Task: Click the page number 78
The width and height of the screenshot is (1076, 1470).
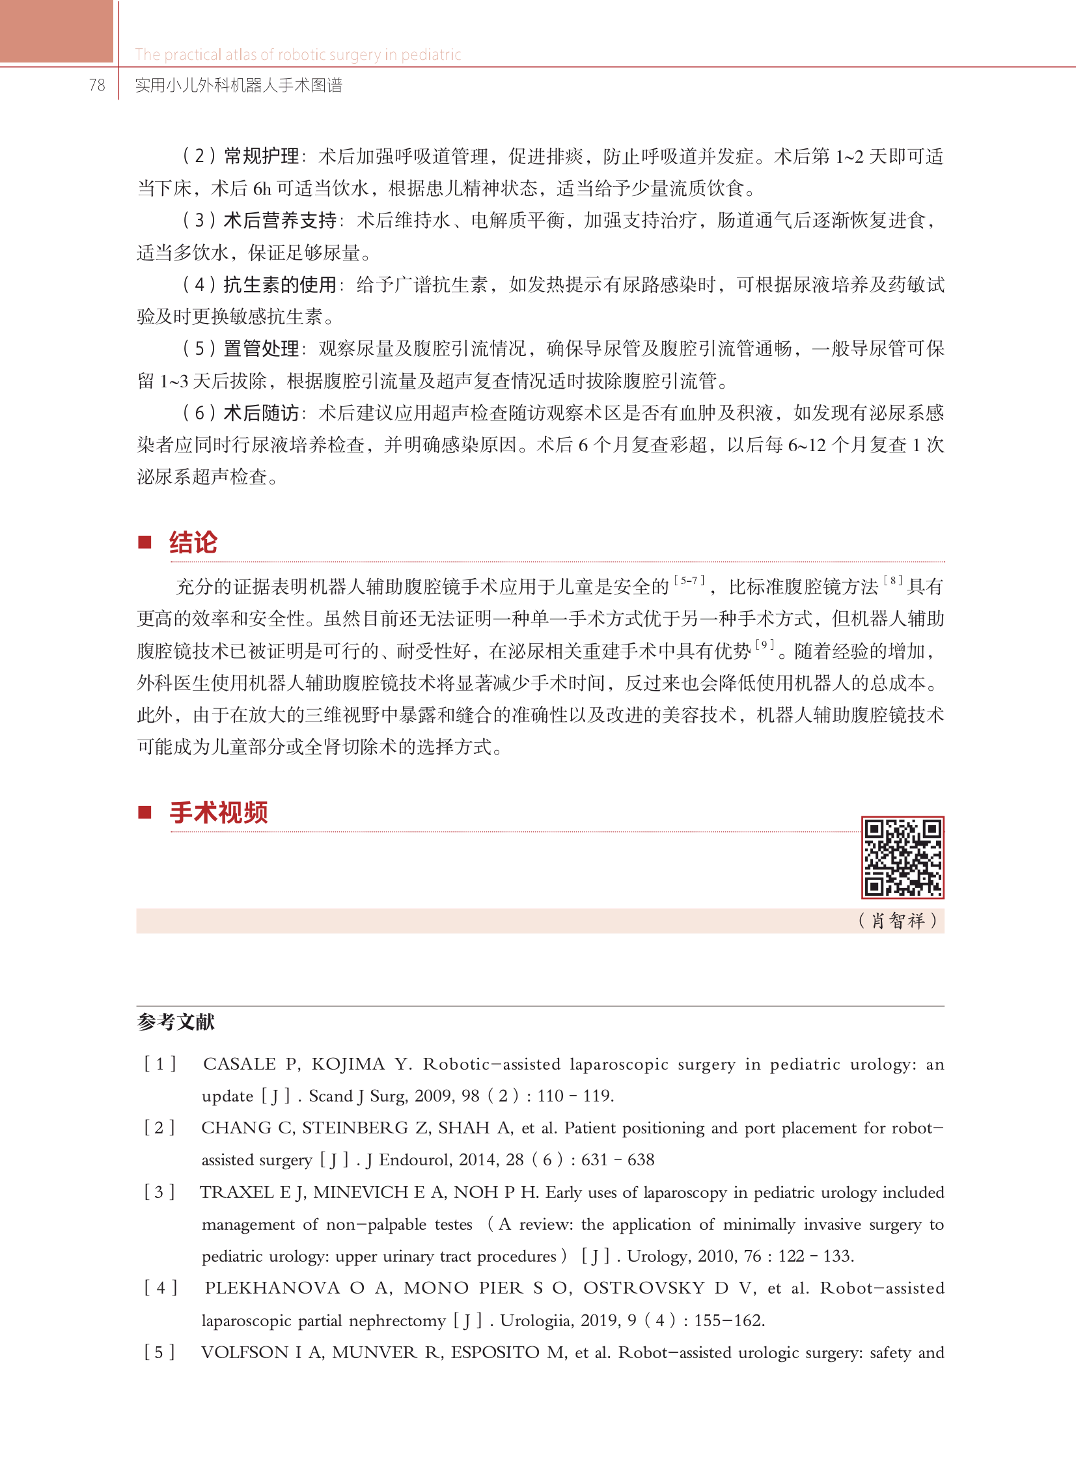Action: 97,85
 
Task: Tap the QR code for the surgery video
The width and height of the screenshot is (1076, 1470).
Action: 902,857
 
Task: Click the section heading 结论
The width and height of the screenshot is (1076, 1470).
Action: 193,542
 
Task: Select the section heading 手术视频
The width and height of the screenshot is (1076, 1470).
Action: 219,812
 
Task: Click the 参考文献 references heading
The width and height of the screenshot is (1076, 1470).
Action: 176,1021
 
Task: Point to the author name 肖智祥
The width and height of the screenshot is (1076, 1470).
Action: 898,921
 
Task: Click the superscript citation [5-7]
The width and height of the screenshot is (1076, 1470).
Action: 690,579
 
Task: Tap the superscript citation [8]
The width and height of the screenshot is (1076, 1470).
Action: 893,579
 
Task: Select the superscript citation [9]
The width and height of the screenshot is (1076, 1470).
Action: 765,644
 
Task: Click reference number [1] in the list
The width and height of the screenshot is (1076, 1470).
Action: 160,1064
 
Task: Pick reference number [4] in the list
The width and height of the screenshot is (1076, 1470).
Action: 160,1288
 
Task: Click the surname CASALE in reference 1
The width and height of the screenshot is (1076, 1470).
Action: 240,1064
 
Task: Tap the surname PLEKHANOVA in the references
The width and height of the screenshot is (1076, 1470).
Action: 272,1288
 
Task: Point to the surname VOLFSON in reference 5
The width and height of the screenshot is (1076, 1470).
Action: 244,1352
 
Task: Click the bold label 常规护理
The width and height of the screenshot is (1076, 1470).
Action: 261,156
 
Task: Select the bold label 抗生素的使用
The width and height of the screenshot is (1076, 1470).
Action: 280,284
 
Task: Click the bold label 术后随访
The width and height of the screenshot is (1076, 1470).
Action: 261,413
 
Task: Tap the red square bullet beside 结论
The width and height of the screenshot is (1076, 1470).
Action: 145,542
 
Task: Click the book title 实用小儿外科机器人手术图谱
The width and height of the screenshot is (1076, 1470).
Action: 238,85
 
